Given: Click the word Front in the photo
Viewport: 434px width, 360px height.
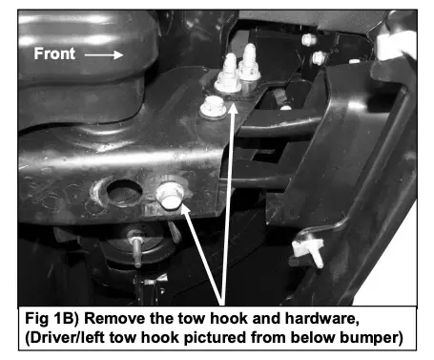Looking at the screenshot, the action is coord(54,53).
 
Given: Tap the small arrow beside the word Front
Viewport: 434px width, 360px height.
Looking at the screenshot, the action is coord(104,54).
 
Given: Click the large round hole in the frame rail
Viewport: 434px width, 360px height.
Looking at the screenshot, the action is coord(124,193).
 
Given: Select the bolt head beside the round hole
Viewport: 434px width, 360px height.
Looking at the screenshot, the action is coord(171,196).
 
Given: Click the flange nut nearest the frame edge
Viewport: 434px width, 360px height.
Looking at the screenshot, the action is coord(213,107).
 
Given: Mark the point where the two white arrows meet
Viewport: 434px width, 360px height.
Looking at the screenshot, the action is coord(222,303).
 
